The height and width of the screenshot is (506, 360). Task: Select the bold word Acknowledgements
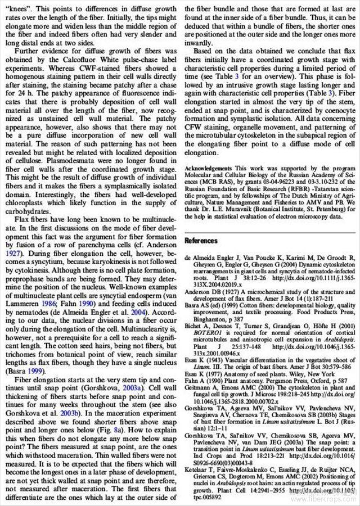point(208,168)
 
